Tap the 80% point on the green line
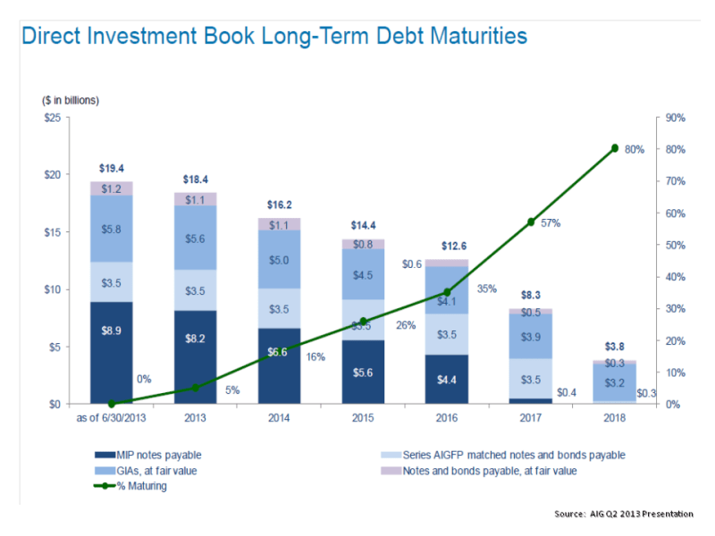tap(615, 147)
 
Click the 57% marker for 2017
tap(531, 222)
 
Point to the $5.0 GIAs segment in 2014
tap(280, 260)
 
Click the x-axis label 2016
tap(447, 417)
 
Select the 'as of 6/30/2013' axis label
tap(112, 417)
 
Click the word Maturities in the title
tap(466, 37)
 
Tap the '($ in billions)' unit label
tap(71, 100)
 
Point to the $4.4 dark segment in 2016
tap(447, 380)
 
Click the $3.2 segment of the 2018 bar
tap(615, 382)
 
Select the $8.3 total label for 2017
tap(531, 294)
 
